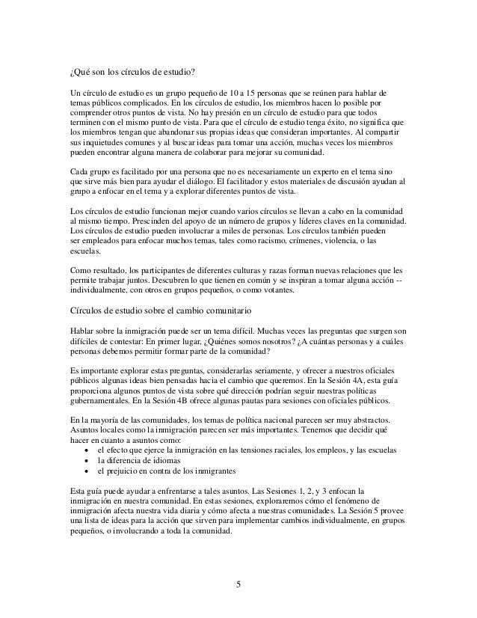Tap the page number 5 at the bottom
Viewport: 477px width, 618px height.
[238, 584]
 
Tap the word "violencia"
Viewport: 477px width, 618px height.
[358, 241]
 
